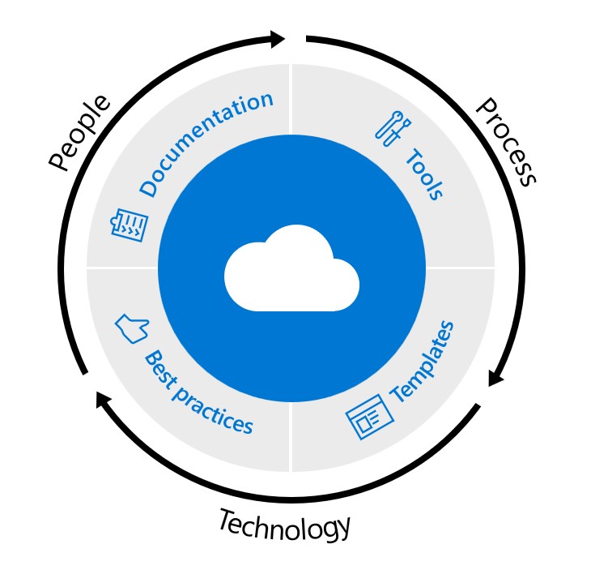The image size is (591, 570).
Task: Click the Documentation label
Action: tap(206, 144)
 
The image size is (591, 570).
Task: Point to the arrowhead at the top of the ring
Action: tap(277, 38)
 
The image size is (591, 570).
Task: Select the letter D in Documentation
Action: tap(148, 187)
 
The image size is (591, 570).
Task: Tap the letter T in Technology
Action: tap(227, 519)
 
